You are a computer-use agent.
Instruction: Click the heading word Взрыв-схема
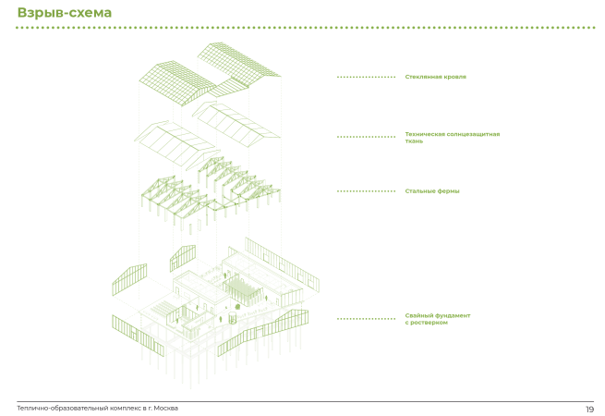click(x=64, y=13)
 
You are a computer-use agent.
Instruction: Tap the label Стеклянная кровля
click(x=435, y=77)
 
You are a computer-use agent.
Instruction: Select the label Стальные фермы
click(x=431, y=191)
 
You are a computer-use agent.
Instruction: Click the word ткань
click(x=414, y=141)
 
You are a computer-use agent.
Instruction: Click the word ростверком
click(x=430, y=323)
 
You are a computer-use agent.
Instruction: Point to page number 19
click(x=589, y=409)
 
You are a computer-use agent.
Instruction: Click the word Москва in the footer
click(x=165, y=408)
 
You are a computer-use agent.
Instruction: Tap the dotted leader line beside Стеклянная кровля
click(x=366, y=77)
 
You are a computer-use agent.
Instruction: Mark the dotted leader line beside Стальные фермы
click(x=366, y=191)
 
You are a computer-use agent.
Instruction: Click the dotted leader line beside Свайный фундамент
click(x=366, y=319)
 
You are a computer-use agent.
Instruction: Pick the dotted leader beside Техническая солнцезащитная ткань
click(x=366, y=137)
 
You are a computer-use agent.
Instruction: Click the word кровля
click(x=454, y=77)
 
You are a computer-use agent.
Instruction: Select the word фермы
click(x=448, y=191)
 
